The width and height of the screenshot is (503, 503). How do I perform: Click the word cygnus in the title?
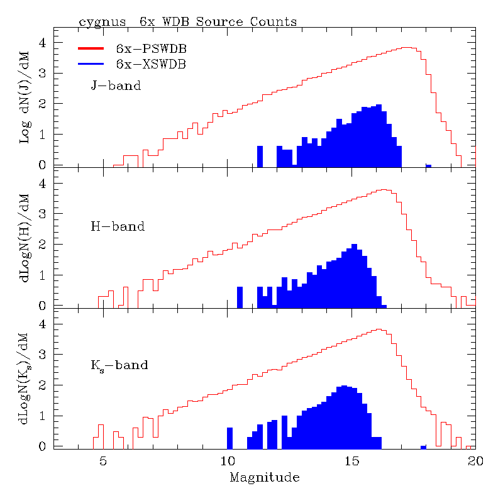coord(99,22)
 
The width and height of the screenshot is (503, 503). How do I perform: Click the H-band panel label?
coord(118,226)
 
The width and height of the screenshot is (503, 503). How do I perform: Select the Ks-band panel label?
coord(119,365)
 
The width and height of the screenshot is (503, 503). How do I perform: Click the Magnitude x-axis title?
coord(264,478)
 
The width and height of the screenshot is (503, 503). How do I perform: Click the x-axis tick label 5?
coord(103,460)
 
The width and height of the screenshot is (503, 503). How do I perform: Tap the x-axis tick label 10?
coord(227,460)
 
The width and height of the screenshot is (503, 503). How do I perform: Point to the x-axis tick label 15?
coord(351,460)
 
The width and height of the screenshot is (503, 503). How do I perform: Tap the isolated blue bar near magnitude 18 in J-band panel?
coord(428,166)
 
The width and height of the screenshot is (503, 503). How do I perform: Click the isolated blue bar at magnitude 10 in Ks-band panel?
coord(229,438)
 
